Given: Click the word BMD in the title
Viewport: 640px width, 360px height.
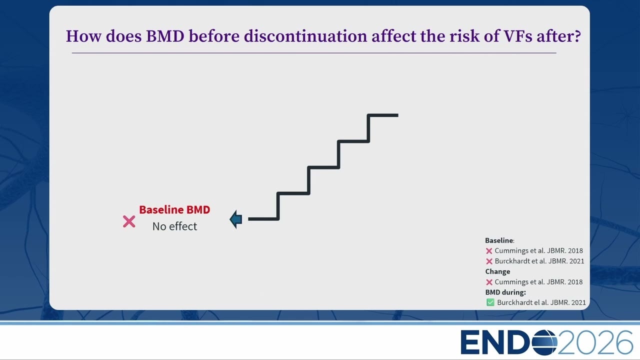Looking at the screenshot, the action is tap(165, 36).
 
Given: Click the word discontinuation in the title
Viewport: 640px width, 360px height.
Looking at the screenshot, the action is tap(305, 36).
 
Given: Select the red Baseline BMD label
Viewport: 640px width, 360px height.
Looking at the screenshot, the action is tap(174, 209).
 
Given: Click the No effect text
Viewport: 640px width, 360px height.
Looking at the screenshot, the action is tap(174, 226).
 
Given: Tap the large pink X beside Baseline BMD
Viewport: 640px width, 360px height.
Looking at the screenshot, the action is tap(129, 221).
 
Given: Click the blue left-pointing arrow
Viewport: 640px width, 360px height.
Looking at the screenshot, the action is tap(236, 219).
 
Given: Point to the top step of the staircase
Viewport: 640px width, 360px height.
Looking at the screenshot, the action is tap(383, 115).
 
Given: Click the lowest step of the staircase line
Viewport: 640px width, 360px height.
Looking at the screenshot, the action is tap(263, 219).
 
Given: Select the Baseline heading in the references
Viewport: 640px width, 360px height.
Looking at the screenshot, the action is tap(499, 240).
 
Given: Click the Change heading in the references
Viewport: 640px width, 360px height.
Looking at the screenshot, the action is tap(497, 271).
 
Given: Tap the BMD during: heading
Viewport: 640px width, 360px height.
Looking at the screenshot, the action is tap(505, 292).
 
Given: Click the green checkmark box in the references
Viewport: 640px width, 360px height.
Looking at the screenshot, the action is tap(490, 302).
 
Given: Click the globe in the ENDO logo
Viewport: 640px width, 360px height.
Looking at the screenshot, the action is tap(544, 342).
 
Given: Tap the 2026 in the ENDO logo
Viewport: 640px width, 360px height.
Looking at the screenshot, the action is tap(595, 342).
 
